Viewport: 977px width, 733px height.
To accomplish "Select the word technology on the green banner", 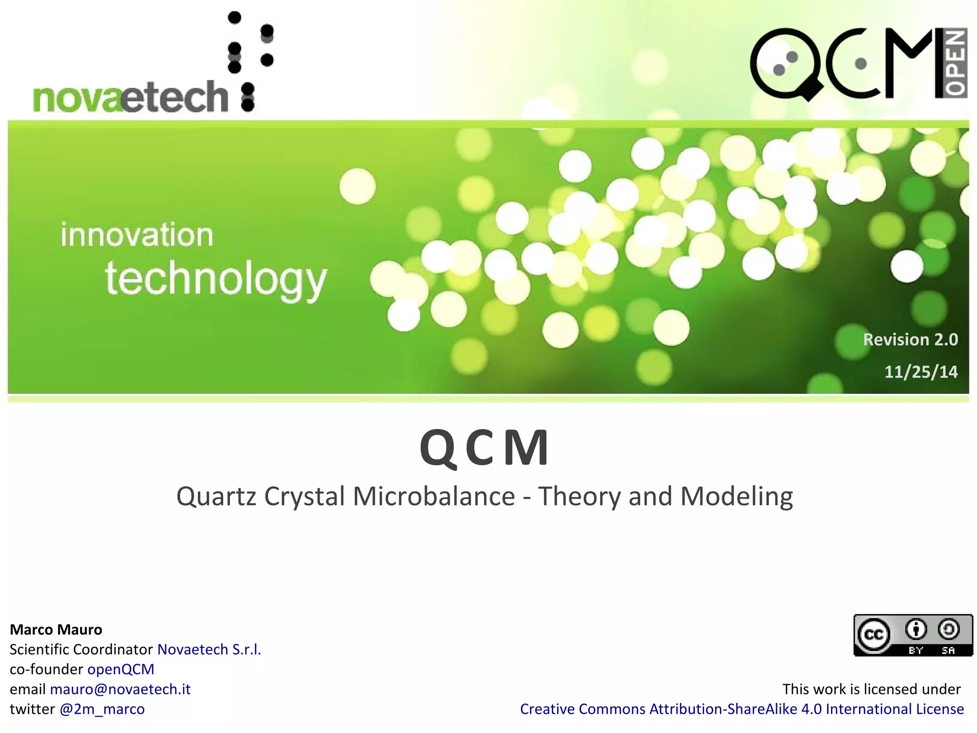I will pyautogui.click(x=216, y=280).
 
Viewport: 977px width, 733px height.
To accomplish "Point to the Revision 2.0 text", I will pyautogui.click(x=910, y=339).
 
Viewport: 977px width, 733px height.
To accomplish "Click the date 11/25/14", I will pyautogui.click(x=921, y=372).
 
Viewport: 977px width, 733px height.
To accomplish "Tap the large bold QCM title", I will pyautogui.click(x=484, y=448).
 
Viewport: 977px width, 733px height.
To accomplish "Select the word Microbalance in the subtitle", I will pyautogui.click(x=434, y=496).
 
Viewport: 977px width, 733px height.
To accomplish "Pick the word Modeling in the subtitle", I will pyautogui.click(x=736, y=496).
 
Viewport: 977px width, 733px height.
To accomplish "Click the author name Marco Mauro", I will pyautogui.click(x=56, y=629).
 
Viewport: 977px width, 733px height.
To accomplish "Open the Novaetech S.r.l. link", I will pyautogui.click(x=209, y=649).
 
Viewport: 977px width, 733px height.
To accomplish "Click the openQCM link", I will pyautogui.click(x=121, y=669).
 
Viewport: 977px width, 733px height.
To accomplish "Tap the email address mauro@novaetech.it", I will pyautogui.click(x=120, y=689).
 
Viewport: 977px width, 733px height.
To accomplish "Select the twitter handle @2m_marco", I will pyautogui.click(x=102, y=709).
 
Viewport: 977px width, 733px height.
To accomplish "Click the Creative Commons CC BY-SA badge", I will pyautogui.click(x=913, y=635).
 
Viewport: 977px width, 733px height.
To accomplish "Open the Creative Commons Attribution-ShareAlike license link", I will pyautogui.click(x=742, y=709).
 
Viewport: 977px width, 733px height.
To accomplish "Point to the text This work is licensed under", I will pyautogui.click(x=871, y=689).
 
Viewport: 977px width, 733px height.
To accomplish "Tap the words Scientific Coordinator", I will pyautogui.click(x=81, y=649).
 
